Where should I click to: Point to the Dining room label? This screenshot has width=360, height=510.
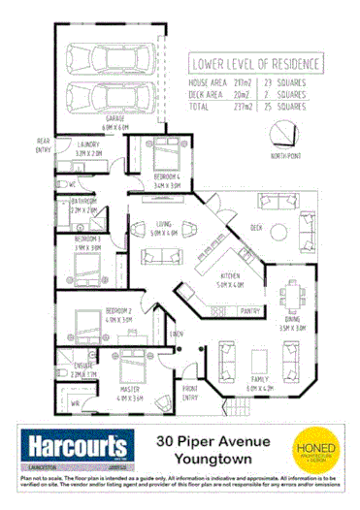[292, 324]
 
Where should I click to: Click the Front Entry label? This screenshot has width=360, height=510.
[189, 393]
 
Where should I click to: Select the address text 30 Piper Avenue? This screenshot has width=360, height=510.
[213, 439]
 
